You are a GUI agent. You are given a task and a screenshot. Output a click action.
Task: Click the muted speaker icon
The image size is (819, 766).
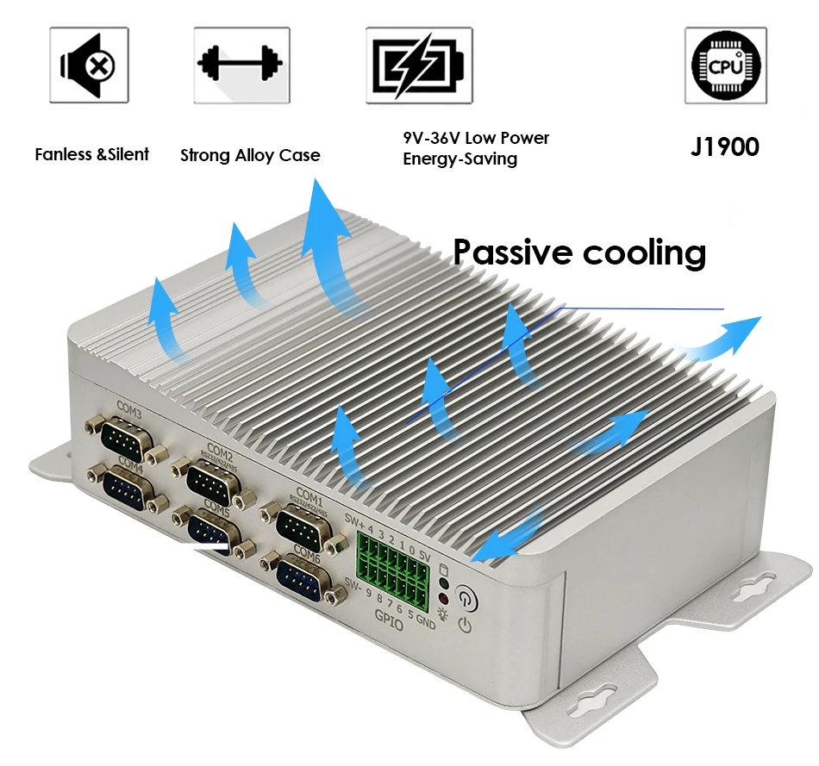click(x=89, y=65)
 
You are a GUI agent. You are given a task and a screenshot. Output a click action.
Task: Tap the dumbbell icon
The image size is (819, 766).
click(x=241, y=65)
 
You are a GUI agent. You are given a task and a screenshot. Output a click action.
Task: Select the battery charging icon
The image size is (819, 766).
click(x=419, y=65)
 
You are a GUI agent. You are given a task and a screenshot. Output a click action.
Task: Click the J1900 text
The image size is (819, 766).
click(x=724, y=146)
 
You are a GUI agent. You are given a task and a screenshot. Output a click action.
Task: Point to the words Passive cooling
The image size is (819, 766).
click(x=579, y=252)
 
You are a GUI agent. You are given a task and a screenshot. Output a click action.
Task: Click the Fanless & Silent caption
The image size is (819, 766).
click(x=91, y=154)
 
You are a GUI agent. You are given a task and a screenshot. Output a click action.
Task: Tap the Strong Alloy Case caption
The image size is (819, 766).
click(x=250, y=156)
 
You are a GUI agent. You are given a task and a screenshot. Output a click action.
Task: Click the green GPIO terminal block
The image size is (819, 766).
click(x=393, y=561)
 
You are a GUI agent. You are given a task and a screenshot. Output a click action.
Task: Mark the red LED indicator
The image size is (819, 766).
click(x=444, y=598)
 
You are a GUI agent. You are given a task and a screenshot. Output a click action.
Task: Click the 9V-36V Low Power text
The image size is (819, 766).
click(x=476, y=138)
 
